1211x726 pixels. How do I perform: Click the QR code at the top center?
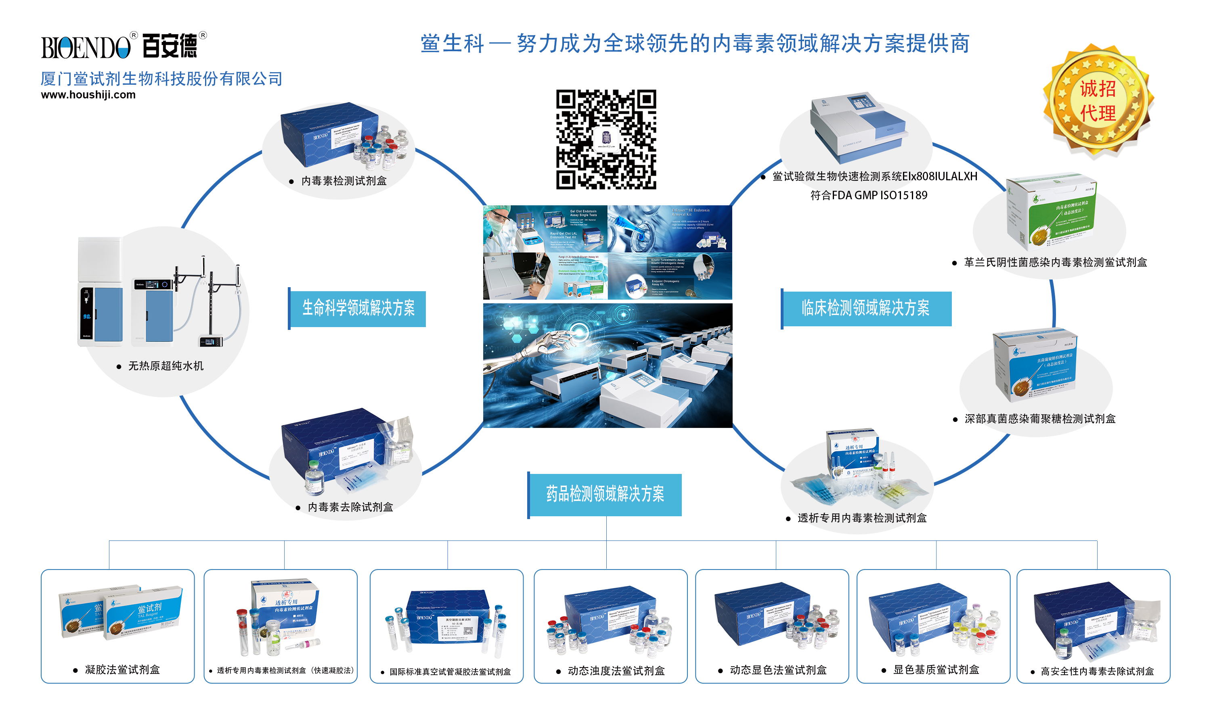click(606, 140)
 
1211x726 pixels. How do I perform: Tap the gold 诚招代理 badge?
click(1098, 101)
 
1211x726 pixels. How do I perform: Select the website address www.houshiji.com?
click(88, 95)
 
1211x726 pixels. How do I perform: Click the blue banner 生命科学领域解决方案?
click(358, 308)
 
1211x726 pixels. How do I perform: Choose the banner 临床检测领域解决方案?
click(865, 308)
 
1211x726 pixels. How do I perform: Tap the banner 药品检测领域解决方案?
click(605, 494)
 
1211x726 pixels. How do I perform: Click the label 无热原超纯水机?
click(166, 366)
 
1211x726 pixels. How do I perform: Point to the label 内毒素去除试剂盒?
click(350, 507)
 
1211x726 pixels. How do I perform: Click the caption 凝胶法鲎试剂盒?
click(122, 670)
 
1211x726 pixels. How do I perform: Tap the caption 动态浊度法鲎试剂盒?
click(616, 671)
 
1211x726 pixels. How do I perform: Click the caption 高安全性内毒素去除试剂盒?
click(1097, 671)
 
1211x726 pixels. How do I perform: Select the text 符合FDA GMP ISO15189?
click(868, 196)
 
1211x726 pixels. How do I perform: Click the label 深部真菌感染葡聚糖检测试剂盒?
click(1040, 419)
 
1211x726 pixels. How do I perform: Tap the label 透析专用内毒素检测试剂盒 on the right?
click(861, 518)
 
